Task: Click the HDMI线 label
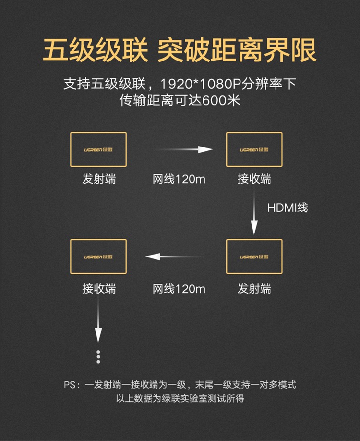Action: (x=287, y=208)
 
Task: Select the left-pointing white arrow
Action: (x=175, y=257)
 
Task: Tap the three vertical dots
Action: (x=98, y=356)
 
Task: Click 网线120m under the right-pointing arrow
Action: (x=179, y=180)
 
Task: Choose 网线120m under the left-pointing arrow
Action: (x=179, y=289)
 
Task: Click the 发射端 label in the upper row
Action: (x=98, y=180)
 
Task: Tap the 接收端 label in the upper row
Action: (x=254, y=180)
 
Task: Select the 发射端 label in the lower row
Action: (x=254, y=289)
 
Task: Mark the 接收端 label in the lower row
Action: (x=98, y=289)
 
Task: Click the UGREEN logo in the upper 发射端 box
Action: (x=98, y=149)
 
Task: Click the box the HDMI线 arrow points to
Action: (x=254, y=257)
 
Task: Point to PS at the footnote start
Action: (x=70, y=385)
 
